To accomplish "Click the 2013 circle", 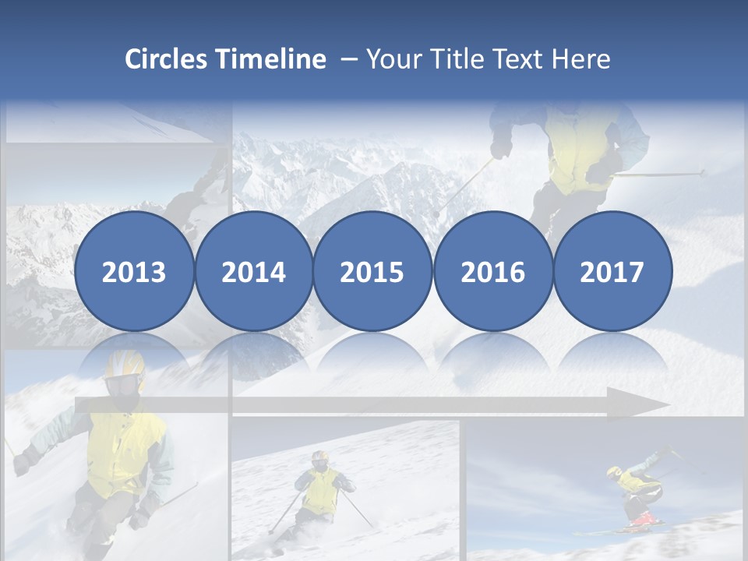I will (x=134, y=272).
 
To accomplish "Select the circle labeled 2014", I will (x=254, y=272).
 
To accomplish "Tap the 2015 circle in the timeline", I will (x=372, y=272).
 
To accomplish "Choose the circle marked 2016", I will (x=492, y=272).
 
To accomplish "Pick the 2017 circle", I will (x=612, y=272).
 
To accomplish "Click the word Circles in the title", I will (x=167, y=59).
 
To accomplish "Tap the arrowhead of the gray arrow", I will (x=651, y=405).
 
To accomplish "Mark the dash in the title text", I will (x=348, y=60).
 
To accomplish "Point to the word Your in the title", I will (x=391, y=59).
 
